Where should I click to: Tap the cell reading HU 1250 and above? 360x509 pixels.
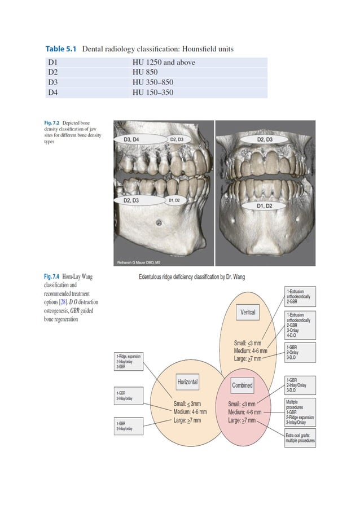pyautogui.click(x=163, y=63)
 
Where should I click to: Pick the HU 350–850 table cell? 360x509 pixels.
pyautogui.click(x=152, y=82)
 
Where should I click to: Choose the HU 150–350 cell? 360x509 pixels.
pyautogui.click(x=152, y=93)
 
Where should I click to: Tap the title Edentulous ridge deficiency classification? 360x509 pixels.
pyautogui.click(x=192, y=277)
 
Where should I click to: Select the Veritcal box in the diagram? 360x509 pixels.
pyautogui.click(x=248, y=312)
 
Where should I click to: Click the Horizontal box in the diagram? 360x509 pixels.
pyautogui.click(x=187, y=382)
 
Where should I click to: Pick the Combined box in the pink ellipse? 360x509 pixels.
pyautogui.click(x=242, y=385)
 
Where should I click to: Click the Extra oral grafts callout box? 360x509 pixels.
pyautogui.click(x=300, y=437)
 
